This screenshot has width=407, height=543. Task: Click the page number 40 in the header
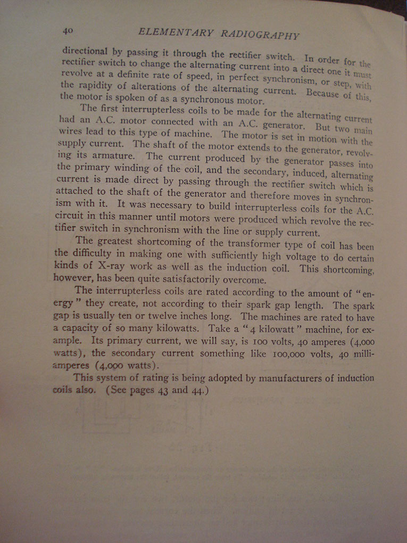pyautogui.click(x=68, y=31)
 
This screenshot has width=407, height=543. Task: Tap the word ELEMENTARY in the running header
pyautogui.click(x=176, y=32)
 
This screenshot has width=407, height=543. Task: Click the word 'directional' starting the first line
pyautogui.click(x=85, y=52)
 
